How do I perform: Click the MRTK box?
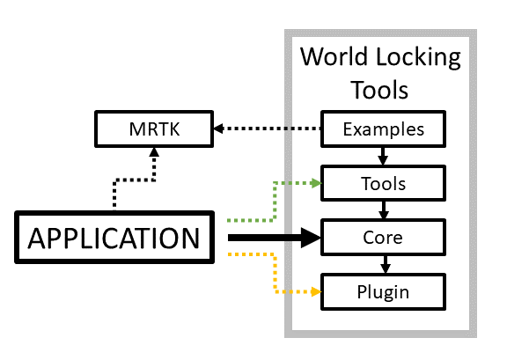point(153,130)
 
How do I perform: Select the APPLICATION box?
point(114,238)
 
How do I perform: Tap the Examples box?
point(383,130)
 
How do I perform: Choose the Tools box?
point(383,184)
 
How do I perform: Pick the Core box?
point(383,238)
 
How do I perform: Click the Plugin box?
point(383,291)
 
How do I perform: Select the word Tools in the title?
point(379,89)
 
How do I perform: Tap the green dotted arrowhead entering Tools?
point(316,183)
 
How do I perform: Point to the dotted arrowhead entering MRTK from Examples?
point(220,130)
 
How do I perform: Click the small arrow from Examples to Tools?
point(383,157)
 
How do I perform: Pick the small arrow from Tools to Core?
point(383,211)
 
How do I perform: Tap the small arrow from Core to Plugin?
point(383,265)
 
